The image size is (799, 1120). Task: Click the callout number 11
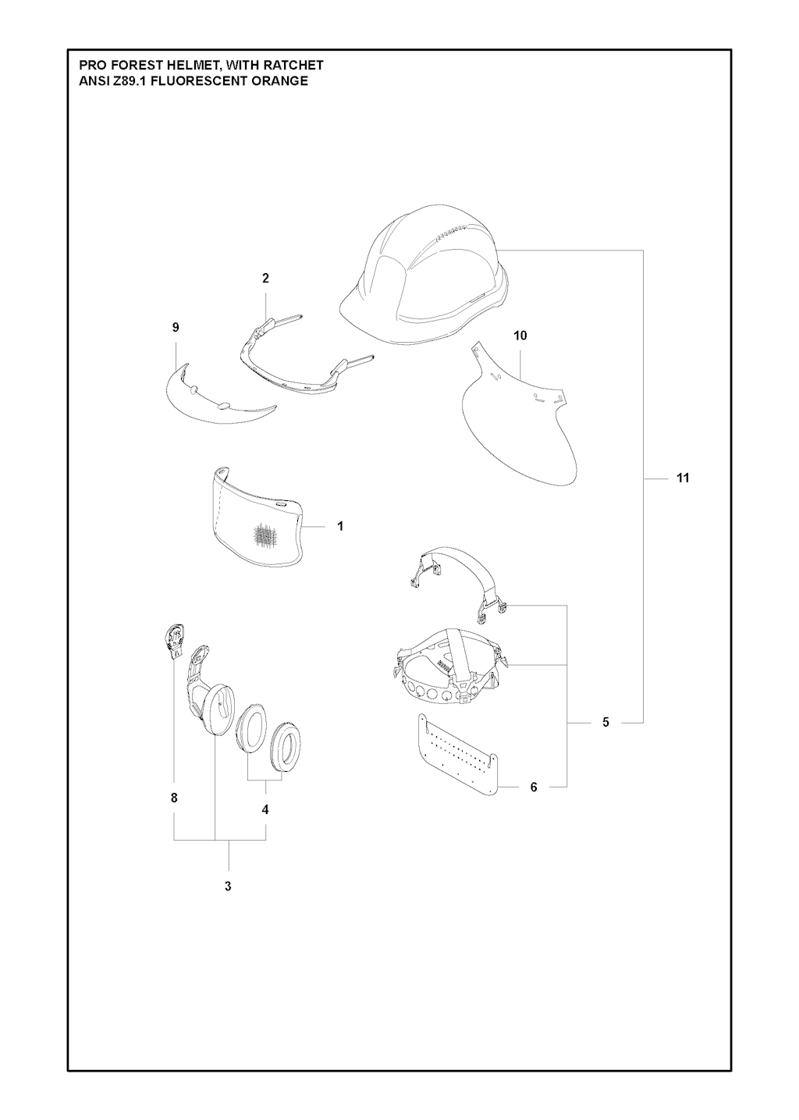[683, 478]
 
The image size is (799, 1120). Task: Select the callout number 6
[534, 788]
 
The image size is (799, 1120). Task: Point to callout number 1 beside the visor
[340, 526]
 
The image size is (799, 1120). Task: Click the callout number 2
[265, 279]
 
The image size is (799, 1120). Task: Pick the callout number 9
[176, 328]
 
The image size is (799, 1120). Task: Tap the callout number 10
[520, 336]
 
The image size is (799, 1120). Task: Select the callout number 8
[174, 798]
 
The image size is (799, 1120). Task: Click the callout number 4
[265, 809]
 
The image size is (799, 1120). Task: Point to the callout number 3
[228, 887]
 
